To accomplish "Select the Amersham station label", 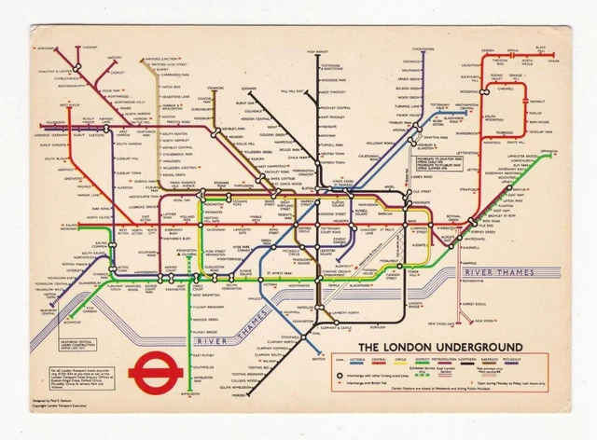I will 47,46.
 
